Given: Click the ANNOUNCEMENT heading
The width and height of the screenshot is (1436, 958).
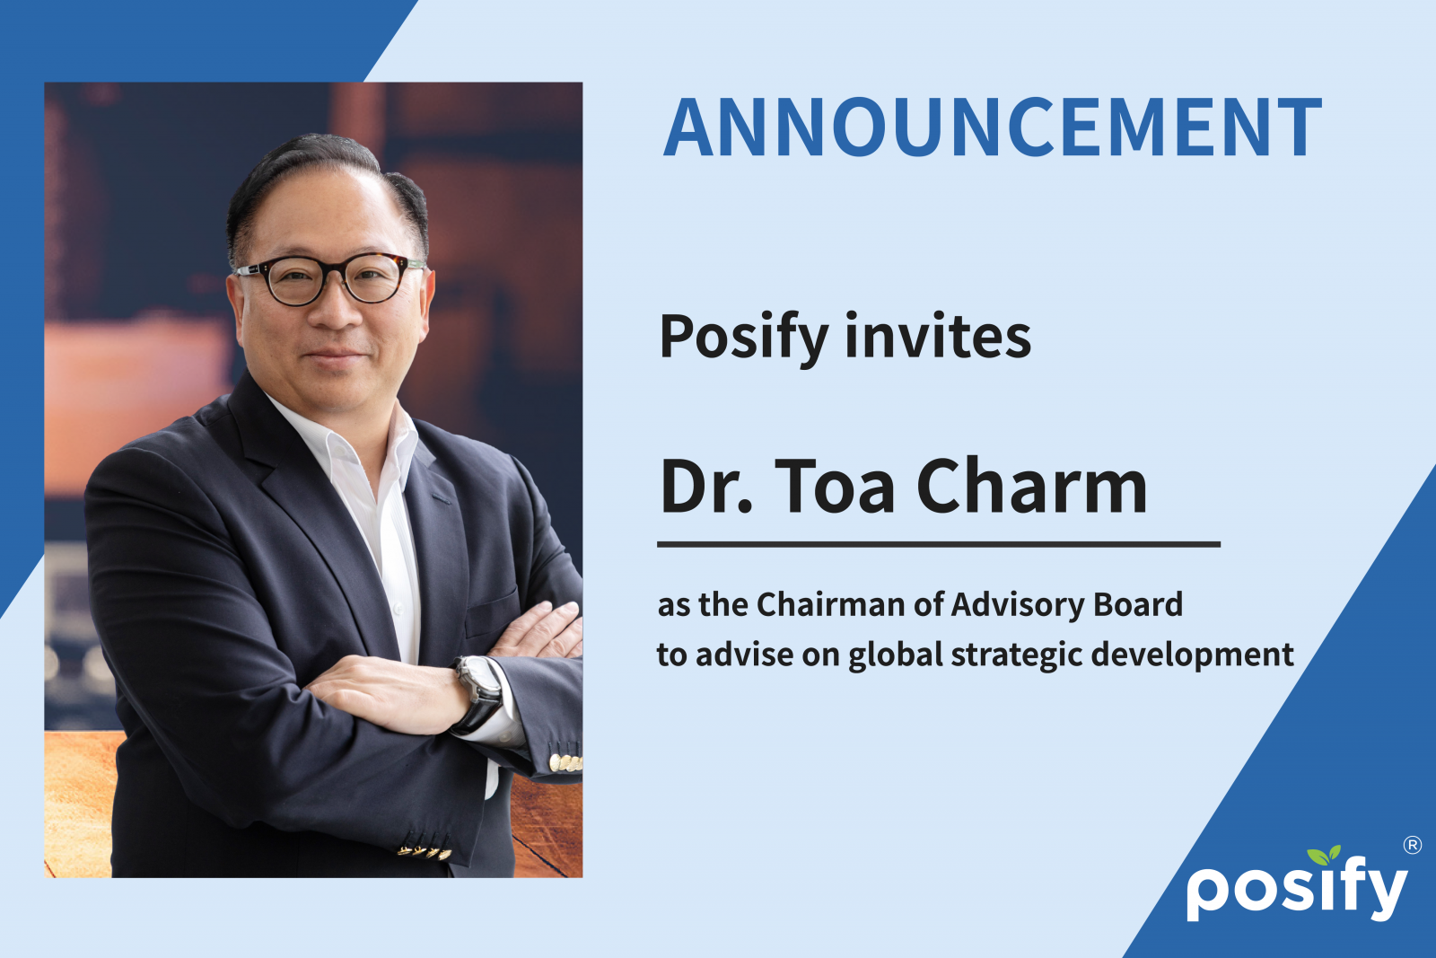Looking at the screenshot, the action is tap(993, 127).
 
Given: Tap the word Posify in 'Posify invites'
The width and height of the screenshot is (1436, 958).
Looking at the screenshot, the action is tap(744, 338).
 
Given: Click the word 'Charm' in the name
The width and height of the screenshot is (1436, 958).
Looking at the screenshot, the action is tap(1031, 486).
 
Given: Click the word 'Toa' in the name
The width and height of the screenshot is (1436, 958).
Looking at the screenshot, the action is tap(834, 486).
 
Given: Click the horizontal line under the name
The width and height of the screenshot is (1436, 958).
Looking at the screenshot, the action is tap(939, 544).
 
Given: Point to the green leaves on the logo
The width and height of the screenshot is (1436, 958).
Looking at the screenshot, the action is tap(1325, 855).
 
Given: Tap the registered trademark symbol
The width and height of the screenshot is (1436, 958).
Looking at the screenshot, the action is tap(1413, 845).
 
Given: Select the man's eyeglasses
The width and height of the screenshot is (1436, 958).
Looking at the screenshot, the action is tap(328, 278).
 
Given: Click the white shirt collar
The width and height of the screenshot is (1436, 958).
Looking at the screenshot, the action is tap(346, 443).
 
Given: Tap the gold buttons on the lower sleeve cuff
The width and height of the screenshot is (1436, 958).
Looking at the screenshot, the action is tap(425, 852).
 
